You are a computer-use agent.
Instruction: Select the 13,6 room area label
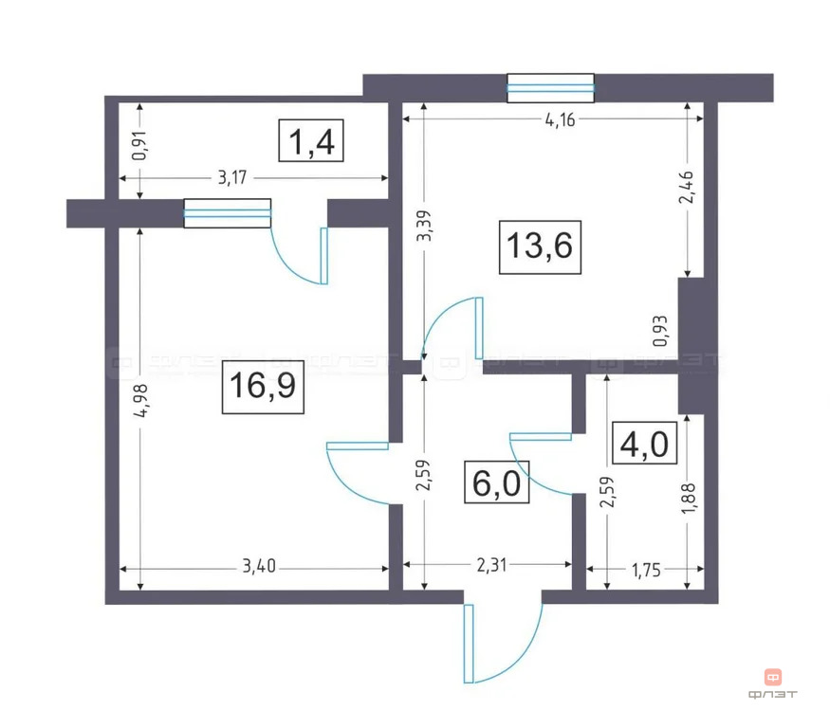click(x=540, y=248)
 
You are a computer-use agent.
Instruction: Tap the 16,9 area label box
click(x=263, y=387)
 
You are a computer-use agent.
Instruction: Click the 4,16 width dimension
click(x=555, y=118)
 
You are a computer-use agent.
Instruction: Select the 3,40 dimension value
click(x=259, y=568)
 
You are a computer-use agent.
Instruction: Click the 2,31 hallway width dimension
click(x=489, y=568)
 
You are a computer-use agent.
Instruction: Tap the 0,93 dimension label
click(x=661, y=331)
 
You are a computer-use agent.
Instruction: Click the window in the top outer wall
click(x=551, y=88)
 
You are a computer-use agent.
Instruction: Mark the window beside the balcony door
click(x=227, y=213)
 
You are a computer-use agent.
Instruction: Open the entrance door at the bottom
click(x=500, y=643)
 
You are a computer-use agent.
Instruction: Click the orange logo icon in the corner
click(x=772, y=677)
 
